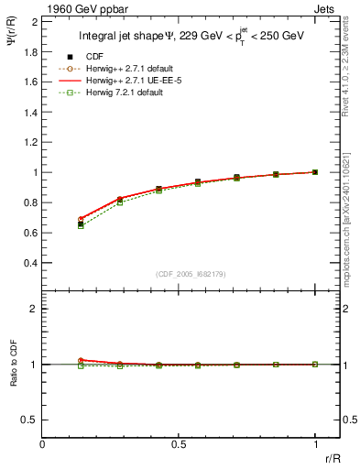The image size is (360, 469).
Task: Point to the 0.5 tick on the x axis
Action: (x=179, y=443)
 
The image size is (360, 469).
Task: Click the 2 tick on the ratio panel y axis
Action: (x=36, y=310)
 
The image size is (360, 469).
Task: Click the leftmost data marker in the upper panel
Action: (x=82, y=224)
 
